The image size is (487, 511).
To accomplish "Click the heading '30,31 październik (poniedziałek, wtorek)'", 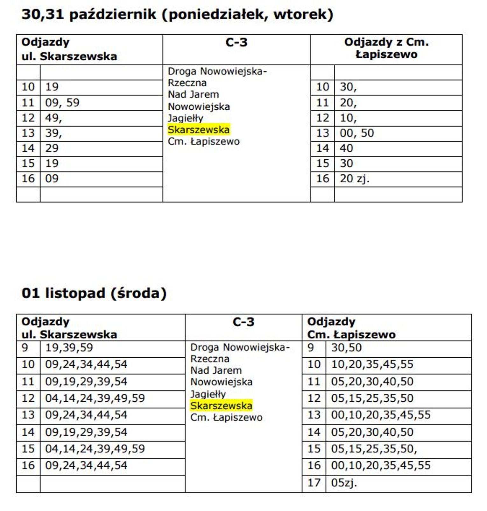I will coord(177,15).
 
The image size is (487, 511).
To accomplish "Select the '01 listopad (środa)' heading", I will coord(94,293).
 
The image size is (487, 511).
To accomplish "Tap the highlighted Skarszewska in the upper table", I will coord(199,130).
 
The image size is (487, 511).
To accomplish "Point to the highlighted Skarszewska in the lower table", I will coord(221,406).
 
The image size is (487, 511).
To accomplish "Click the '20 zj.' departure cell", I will coord(354,179).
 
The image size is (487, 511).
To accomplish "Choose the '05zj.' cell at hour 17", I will coord(344,483).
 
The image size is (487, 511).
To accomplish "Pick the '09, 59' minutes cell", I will coord(62,103).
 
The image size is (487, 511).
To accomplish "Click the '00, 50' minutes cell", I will coord(356,133).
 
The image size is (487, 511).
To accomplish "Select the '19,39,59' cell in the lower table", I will coord(69,348).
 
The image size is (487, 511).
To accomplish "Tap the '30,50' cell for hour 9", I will coord(346,348).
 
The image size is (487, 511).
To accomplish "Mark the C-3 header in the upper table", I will coord(236,43).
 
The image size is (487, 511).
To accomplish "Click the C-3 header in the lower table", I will coord(243,322).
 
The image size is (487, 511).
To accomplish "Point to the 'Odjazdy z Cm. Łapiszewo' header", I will coord(386,48).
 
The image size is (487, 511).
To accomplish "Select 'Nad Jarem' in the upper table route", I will coord(193,95).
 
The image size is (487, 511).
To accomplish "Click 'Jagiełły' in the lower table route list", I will coord(208,394).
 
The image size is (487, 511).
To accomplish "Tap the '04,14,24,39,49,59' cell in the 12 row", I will coord(95,398).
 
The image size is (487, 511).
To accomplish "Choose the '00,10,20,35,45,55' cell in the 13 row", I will coord(381,415).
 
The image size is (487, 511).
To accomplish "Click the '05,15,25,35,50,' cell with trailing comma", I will coord(374,449).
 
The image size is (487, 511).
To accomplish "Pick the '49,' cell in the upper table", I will coord(53,118).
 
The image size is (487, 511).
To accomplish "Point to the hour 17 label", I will coord(314,483).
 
